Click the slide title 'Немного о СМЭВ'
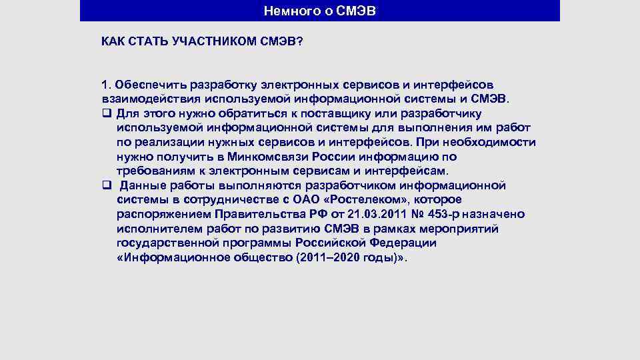(x=320, y=11)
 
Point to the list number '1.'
(x=106, y=85)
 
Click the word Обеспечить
(x=151, y=85)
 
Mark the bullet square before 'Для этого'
(x=105, y=112)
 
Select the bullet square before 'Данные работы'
(x=105, y=185)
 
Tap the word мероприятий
(x=467, y=229)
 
